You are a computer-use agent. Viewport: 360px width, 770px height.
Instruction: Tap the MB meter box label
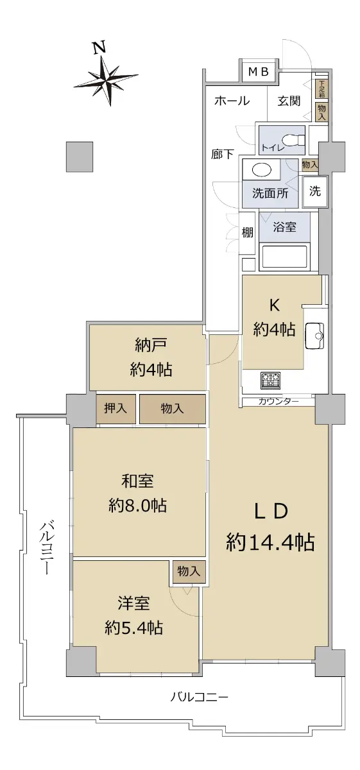click(258, 71)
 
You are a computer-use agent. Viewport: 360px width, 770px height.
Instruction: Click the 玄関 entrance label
click(289, 101)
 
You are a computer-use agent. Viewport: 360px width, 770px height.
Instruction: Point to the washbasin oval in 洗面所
click(262, 169)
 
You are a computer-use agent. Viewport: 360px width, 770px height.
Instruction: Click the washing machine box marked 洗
click(315, 191)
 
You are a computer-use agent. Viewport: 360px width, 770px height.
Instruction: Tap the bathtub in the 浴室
click(285, 257)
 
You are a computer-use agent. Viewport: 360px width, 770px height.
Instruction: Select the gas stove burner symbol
click(270, 381)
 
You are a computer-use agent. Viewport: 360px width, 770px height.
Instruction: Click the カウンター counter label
click(278, 401)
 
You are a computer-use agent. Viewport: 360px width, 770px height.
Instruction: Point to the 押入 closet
click(116, 409)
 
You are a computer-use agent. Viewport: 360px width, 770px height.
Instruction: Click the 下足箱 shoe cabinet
click(321, 89)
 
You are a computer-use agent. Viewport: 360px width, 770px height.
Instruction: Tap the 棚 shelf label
click(247, 233)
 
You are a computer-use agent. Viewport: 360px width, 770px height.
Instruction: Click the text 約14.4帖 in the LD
click(270, 542)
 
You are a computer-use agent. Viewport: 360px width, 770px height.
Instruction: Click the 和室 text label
click(137, 481)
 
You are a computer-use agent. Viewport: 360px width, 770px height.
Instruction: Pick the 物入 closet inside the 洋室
click(189, 571)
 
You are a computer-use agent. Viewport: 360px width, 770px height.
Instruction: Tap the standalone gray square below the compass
click(80, 157)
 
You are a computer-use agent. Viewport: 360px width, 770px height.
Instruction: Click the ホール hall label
click(232, 101)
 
